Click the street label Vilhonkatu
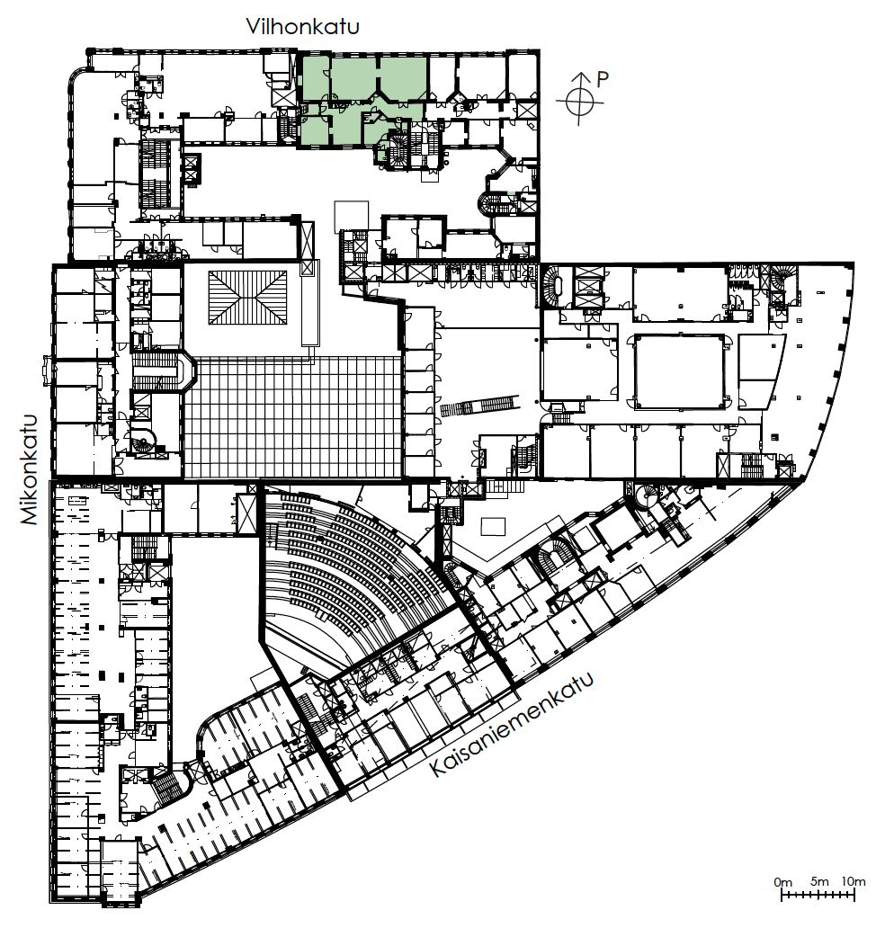302,27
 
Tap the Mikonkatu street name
29,469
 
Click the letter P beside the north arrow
602,79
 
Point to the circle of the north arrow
580,101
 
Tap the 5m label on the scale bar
819,881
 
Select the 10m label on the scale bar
853,881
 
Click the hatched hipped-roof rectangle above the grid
247,298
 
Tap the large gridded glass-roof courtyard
293,417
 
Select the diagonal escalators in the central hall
479,406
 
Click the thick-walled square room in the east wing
680,371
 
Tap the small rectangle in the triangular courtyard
493,526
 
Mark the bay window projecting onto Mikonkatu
48,371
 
